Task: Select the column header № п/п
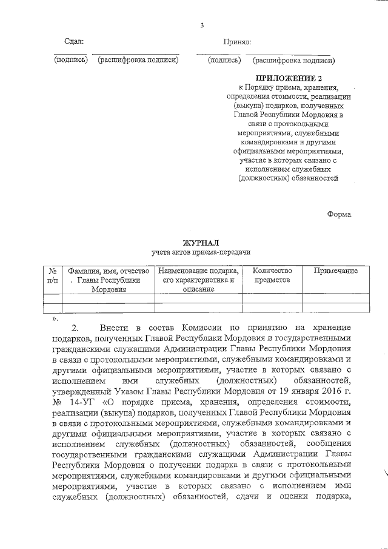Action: pos(53,275)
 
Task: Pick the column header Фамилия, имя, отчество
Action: pos(108,271)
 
